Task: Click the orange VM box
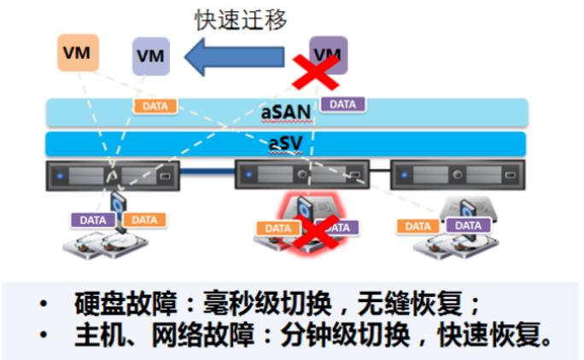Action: click(79, 52)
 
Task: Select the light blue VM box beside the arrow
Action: click(151, 56)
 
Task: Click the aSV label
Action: click(285, 142)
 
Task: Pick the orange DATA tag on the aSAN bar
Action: click(155, 106)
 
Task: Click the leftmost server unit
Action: click(113, 177)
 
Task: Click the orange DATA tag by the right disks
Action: click(418, 226)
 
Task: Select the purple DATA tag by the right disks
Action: click(469, 225)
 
